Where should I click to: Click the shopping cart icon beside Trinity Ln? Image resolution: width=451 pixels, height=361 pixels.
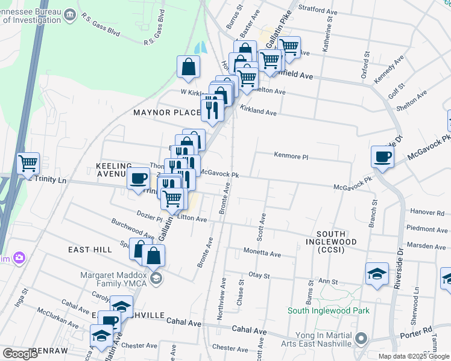pos(28,163)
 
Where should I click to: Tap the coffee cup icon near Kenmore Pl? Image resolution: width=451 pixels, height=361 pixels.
pos(382,158)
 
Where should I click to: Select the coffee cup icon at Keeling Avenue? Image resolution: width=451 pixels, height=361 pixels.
pos(139,179)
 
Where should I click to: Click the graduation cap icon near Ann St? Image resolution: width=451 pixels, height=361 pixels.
pos(377,274)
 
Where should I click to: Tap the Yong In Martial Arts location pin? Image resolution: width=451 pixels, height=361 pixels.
pos(361,338)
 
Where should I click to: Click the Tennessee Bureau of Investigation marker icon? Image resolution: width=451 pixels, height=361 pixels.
pos(70,13)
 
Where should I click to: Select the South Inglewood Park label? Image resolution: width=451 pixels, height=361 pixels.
pos(328,310)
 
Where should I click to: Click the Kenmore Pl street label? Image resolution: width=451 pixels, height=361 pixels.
pos(291,156)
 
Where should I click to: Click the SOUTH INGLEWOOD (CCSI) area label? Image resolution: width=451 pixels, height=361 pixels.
pos(338,238)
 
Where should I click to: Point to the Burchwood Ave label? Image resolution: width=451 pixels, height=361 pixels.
pos(133,229)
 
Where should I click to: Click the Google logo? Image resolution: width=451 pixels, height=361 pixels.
pos(20,354)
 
